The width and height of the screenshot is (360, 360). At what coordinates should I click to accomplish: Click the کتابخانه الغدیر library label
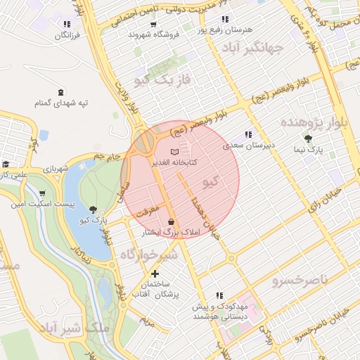click(175, 162)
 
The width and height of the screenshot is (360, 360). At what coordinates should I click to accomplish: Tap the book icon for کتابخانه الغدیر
click(175, 152)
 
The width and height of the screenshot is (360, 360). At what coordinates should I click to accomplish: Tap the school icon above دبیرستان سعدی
click(247, 134)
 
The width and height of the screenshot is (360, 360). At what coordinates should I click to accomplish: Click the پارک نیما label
click(309, 150)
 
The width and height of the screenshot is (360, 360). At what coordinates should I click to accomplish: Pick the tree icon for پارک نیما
click(308, 139)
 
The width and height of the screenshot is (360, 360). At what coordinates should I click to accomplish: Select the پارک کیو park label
click(94, 219)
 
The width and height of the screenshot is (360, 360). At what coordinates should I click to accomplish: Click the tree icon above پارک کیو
click(94, 209)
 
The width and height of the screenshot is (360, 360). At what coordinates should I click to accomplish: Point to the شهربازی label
click(56, 169)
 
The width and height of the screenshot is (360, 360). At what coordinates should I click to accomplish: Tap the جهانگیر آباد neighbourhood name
click(252, 49)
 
